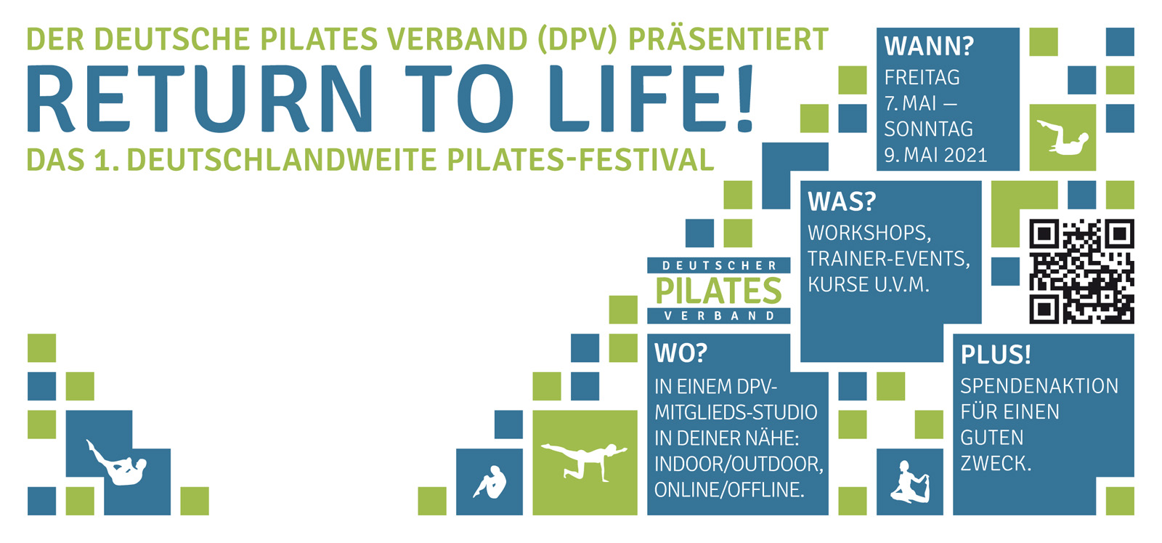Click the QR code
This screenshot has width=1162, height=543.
click(1081, 272)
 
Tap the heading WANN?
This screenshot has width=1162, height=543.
click(929, 47)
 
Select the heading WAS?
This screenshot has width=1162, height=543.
click(842, 201)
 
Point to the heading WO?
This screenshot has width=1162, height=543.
click(680, 353)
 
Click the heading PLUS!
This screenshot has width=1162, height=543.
click(996, 355)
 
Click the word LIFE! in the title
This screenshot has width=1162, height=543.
click(651, 99)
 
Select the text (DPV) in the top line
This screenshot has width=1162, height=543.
click(577, 39)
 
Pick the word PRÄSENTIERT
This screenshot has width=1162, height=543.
click(728, 39)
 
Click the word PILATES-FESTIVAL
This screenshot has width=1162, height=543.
click(580, 159)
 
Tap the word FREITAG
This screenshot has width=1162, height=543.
click(922, 78)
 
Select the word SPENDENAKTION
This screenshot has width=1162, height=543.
click(1039, 386)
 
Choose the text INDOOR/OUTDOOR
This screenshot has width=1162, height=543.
click(739, 464)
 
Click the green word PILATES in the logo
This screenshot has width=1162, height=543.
click(718, 291)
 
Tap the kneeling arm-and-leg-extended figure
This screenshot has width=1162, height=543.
click(584, 460)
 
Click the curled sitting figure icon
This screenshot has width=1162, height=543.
click(490, 482)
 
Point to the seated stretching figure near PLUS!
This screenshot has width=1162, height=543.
click(909, 482)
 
